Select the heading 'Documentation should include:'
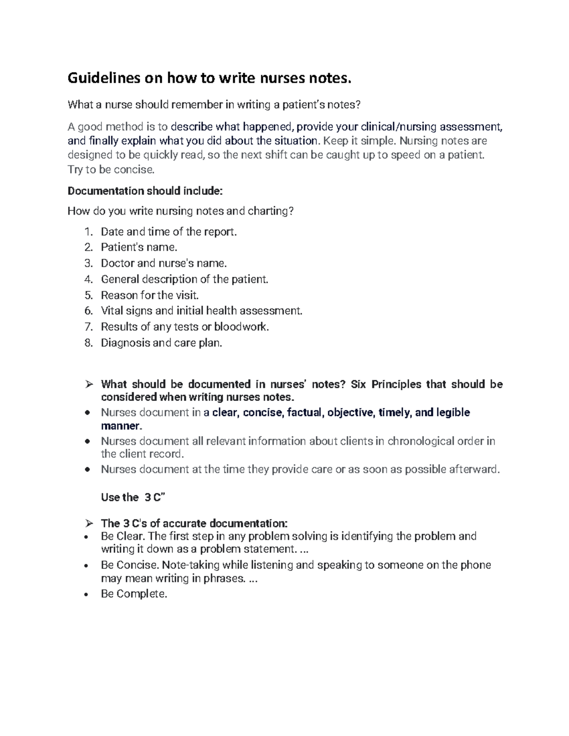pos(145,191)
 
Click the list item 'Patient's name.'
pos(139,247)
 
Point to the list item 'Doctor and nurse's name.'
pos(164,263)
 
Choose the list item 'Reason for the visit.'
pos(150,295)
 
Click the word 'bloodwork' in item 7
pos(241,327)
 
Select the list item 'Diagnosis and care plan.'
pos(161,343)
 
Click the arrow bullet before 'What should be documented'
pos(88,384)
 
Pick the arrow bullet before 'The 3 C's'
pos(88,524)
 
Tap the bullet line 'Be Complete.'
pos(134,594)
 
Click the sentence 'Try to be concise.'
pos(111,169)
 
